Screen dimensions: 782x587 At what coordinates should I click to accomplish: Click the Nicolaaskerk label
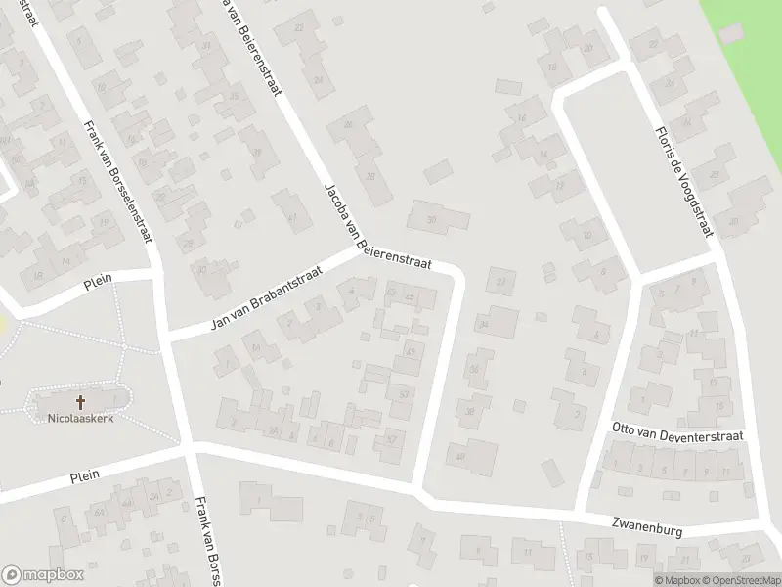(80, 419)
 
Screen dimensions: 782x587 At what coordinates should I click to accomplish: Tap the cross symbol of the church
(80, 402)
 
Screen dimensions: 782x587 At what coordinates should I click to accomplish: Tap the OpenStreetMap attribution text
(739, 580)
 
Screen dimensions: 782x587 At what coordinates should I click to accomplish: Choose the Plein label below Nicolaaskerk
(86, 477)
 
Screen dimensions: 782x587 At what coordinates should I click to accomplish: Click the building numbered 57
(392, 439)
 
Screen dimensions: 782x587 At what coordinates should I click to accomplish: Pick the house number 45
(234, 97)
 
